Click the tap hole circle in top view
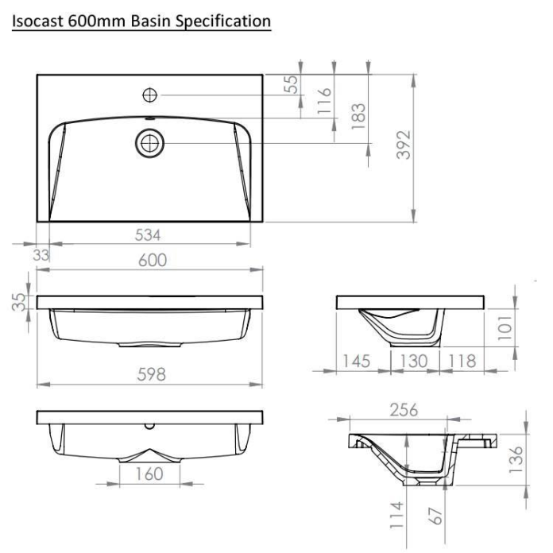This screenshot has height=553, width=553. click(x=149, y=95)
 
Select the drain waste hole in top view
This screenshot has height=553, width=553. click(x=149, y=143)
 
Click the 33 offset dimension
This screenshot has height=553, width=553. click(x=40, y=254)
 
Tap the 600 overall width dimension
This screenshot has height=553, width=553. click(x=152, y=261)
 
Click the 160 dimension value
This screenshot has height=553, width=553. click(x=149, y=474)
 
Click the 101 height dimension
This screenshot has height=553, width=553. click(x=505, y=327)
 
